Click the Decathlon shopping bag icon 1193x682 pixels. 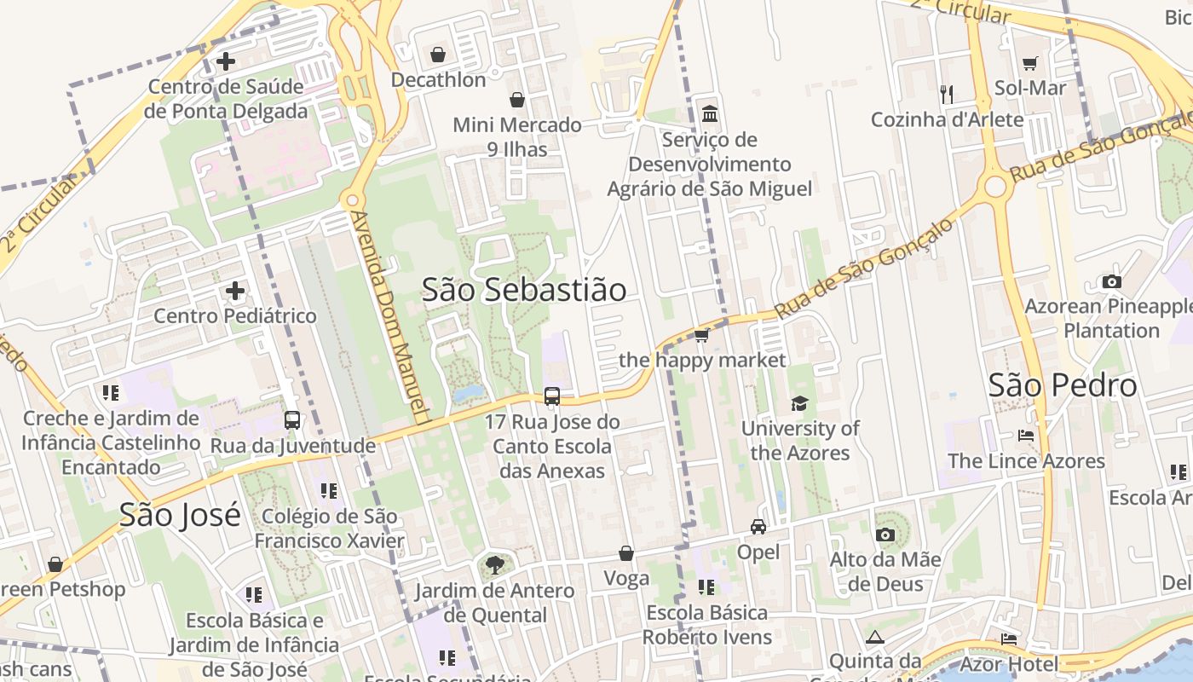click(x=438, y=55)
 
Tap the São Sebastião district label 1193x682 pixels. click(x=524, y=290)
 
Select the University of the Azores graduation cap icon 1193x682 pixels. click(x=799, y=403)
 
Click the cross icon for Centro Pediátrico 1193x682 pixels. click(x=235, y=292)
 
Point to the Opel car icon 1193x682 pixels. click(x=758, y=527)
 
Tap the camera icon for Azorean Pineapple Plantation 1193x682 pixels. click(x=1111, y=281)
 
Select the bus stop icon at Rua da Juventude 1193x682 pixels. click(x=292, y=420)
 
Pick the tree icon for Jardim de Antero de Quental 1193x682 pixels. click(x=494, y=564)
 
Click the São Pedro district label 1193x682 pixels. click(x=1063, y=385)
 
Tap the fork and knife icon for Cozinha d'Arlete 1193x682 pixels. click(x=947, y=94)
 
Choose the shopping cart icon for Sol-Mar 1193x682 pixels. click(x=1030, y=63)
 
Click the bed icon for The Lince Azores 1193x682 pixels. click(x=1026, y=436)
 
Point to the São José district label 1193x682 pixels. click(x=180, y=515)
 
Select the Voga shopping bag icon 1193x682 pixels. click(x=626, y=554)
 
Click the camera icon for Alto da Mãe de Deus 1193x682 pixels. click(x=885, y=535)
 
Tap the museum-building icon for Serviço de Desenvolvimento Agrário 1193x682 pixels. click(x=710, y=113)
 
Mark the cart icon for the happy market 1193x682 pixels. click(x=702, y=335)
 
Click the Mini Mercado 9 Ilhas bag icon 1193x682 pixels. click(x=516, y=101)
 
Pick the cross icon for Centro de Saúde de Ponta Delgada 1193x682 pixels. click(x=226, y=61)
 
